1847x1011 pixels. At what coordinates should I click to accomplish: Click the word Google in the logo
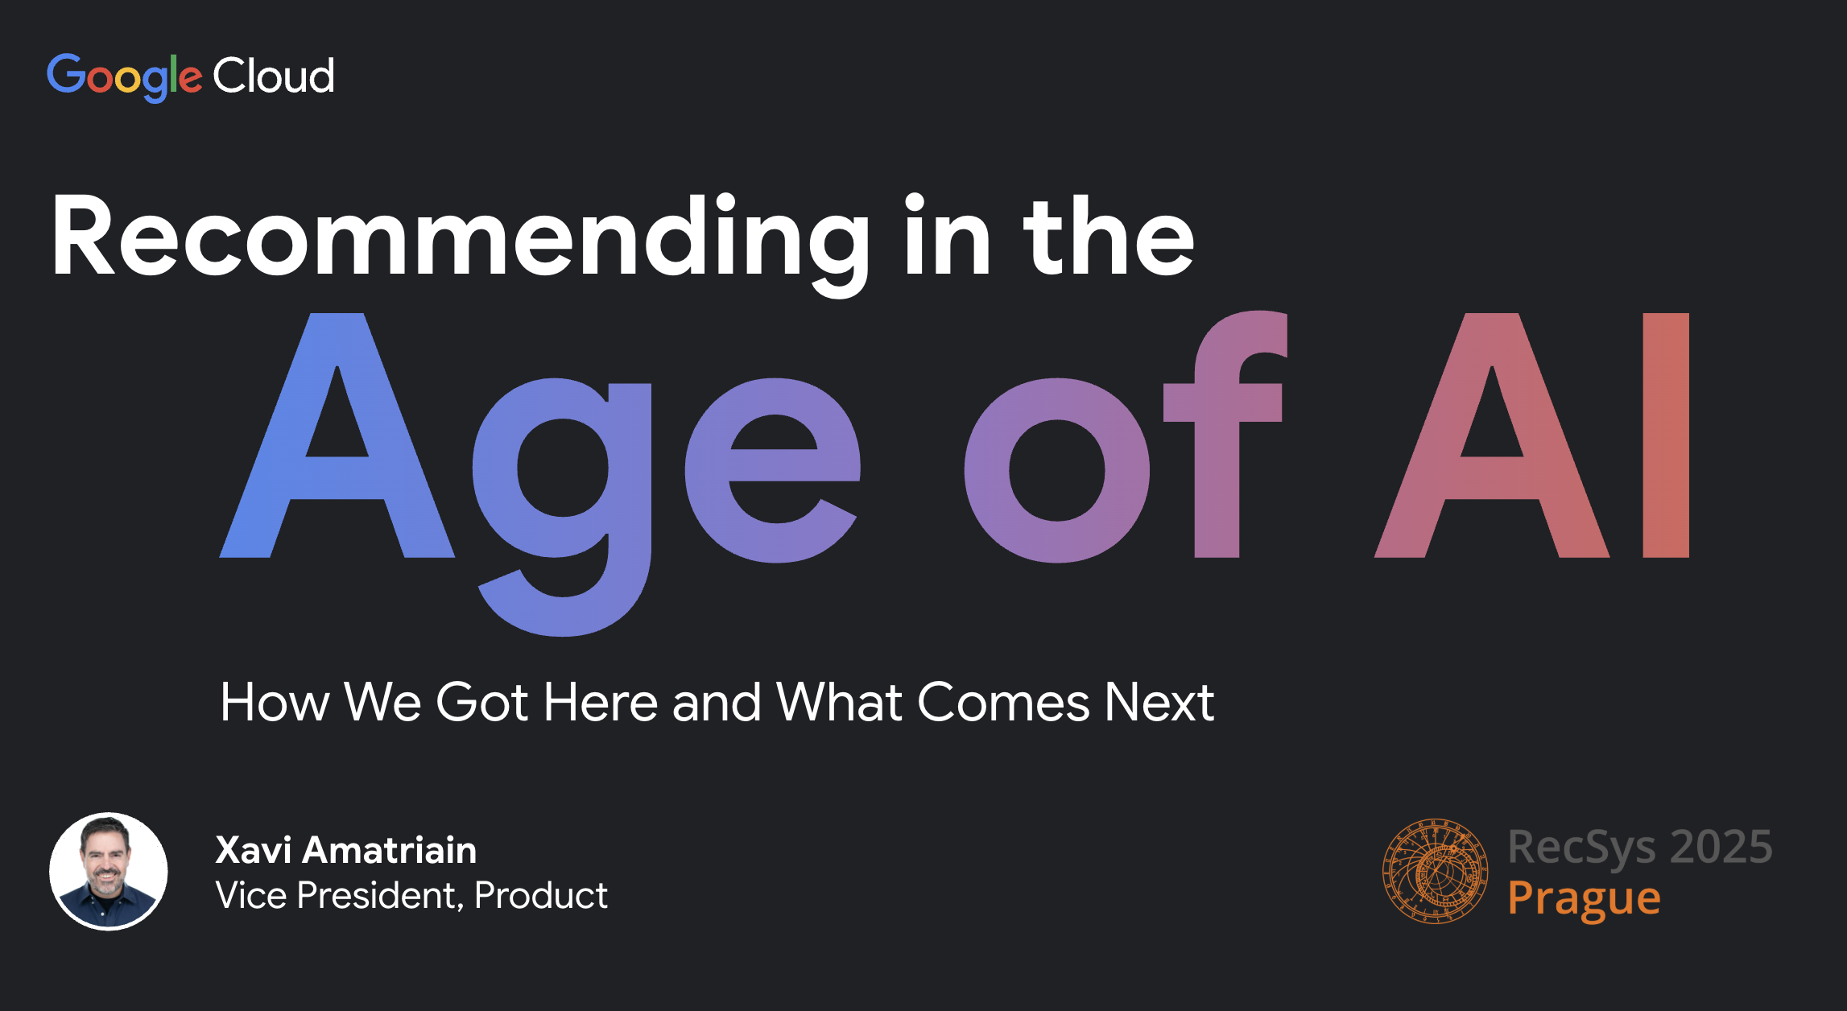pyautogui.click(x=124, y=77)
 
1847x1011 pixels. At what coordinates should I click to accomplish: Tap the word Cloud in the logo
pyautogui.click(x=274, y=76)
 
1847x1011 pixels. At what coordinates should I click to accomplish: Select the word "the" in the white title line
pyautogui.click(x=1109, y=235)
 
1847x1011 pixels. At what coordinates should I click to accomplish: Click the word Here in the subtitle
pyautogui.click(x=601, y=702)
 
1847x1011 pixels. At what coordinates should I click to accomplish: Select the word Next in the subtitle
pyautogui.click(x=1159, y=702)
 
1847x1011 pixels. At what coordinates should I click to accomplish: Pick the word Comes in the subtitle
pyautogui.click(x=1003, y=702)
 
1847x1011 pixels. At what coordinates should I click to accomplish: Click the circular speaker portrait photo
pyautogui.click(x=109, y=872)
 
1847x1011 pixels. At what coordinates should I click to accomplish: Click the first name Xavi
pyautogui.click(x=254, y=850)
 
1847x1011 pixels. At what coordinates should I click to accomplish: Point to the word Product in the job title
pyautogui.click(x=541, y=896)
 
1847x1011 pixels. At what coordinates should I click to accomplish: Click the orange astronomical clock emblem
pyautogui.click(x=1436, y=871)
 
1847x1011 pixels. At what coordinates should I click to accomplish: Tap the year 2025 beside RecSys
pyautogui.click(x=1721, y=847)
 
